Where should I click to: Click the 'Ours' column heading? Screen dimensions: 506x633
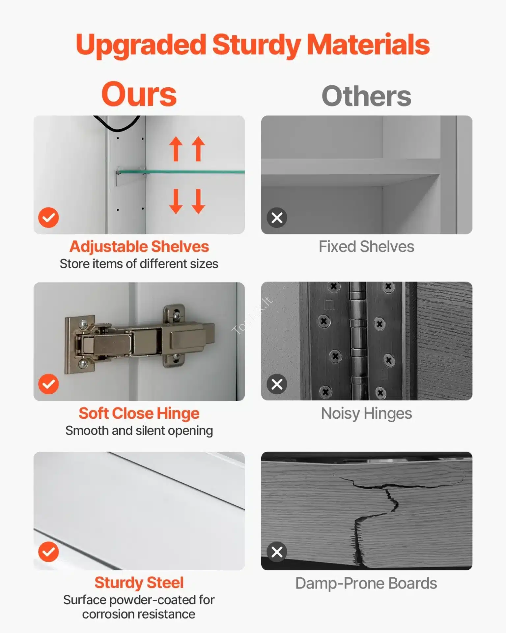[x=139, y=95]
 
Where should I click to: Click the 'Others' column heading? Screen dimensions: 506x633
[x=366, y=96]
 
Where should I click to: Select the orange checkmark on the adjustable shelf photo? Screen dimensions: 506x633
[x=48, y=218]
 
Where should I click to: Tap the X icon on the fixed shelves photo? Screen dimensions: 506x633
[x=277, y=218]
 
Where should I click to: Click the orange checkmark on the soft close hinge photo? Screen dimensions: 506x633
[x=48, y=384]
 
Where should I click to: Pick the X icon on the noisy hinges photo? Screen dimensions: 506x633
[x=277, y=384]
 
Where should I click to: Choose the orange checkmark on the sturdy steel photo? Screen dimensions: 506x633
[x=48, y=552]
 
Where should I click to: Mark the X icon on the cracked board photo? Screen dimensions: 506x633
[x=277, y=552]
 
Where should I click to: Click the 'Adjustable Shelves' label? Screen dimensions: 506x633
[x=139, y=247]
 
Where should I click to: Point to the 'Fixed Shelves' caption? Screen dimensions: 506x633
[x=366, y=247]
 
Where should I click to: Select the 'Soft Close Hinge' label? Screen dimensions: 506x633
[x=139, y=413]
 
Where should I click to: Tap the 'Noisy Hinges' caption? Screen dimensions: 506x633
[x=366, y=414]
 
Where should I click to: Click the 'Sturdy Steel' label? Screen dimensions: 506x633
[x=139, y=583]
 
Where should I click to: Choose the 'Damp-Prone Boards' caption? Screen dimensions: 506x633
[x=366, y=583]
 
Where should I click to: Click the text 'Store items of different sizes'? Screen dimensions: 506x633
[x=139, y=264]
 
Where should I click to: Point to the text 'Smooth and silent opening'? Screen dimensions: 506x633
[x=139, y=431]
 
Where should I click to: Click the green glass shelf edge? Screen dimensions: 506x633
[x=181, y=171]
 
